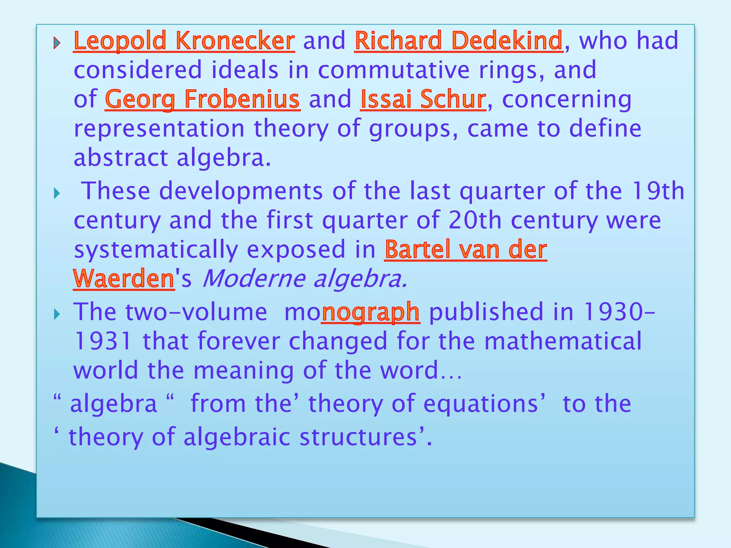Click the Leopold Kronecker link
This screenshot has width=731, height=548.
(x=184, y=41)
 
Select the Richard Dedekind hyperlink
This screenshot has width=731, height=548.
(x=459, y=41)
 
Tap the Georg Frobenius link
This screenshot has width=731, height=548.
(x=202, y=99)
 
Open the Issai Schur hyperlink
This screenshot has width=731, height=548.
(x=423, y=99)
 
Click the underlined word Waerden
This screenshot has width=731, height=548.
(x=123, y=279)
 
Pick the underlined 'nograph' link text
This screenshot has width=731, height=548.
(x=370, y=312)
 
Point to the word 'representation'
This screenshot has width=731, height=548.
(x=159, y=129)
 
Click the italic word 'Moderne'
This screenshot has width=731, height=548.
(x=253, y=279)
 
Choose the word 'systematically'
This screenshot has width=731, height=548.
(x=156, y=250)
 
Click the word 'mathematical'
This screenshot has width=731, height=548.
(x=563, y=341)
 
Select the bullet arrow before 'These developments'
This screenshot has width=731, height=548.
(x=57, y=194)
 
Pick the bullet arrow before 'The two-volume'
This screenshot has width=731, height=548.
(x=57, y=314)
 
